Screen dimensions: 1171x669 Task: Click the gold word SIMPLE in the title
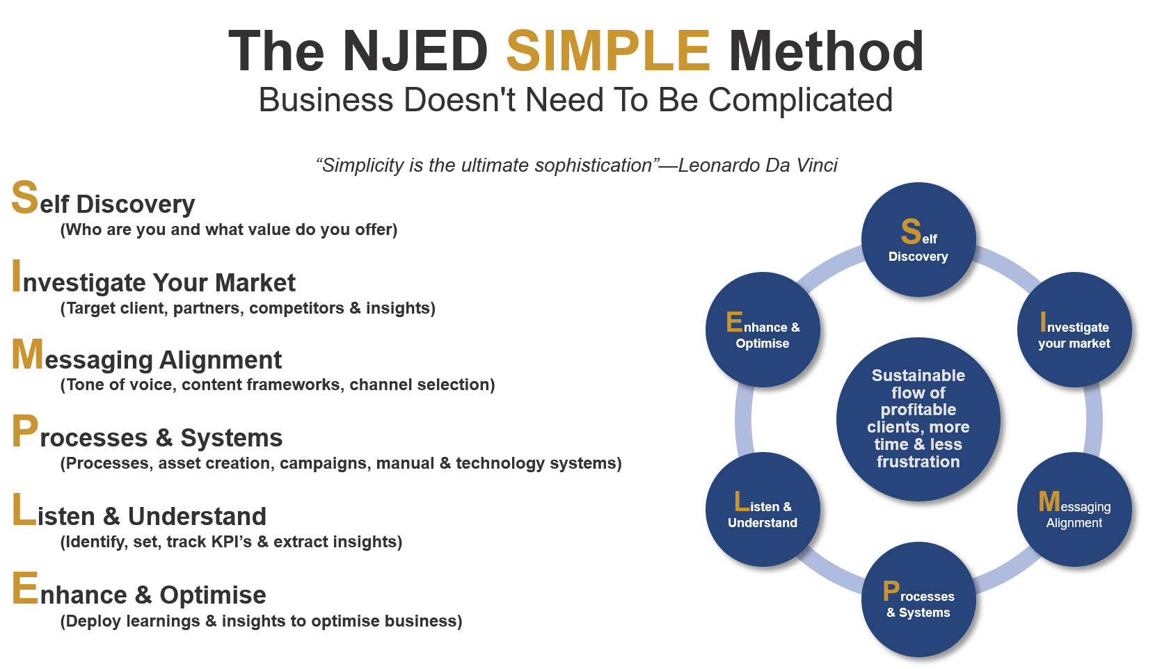coord(608,51)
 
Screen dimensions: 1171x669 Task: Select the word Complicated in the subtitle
coord(800,100)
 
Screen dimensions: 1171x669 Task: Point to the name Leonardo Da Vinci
coord(758,165)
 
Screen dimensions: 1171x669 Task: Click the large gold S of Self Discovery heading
coord(24,197)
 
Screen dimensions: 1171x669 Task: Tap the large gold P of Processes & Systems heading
coord(24,431)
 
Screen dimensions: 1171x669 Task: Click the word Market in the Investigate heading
coord(255,283)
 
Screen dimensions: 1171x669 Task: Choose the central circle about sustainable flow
coord(918,419)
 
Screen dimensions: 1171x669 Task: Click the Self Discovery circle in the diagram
coord(918,239)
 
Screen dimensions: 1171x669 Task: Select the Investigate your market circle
coord(1074,329)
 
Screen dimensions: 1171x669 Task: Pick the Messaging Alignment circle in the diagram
coord(1074,509)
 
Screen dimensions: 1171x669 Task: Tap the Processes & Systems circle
coord(918,599)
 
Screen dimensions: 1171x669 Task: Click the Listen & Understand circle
coord(763,509)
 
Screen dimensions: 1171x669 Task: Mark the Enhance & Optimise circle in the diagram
coord(763,329)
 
